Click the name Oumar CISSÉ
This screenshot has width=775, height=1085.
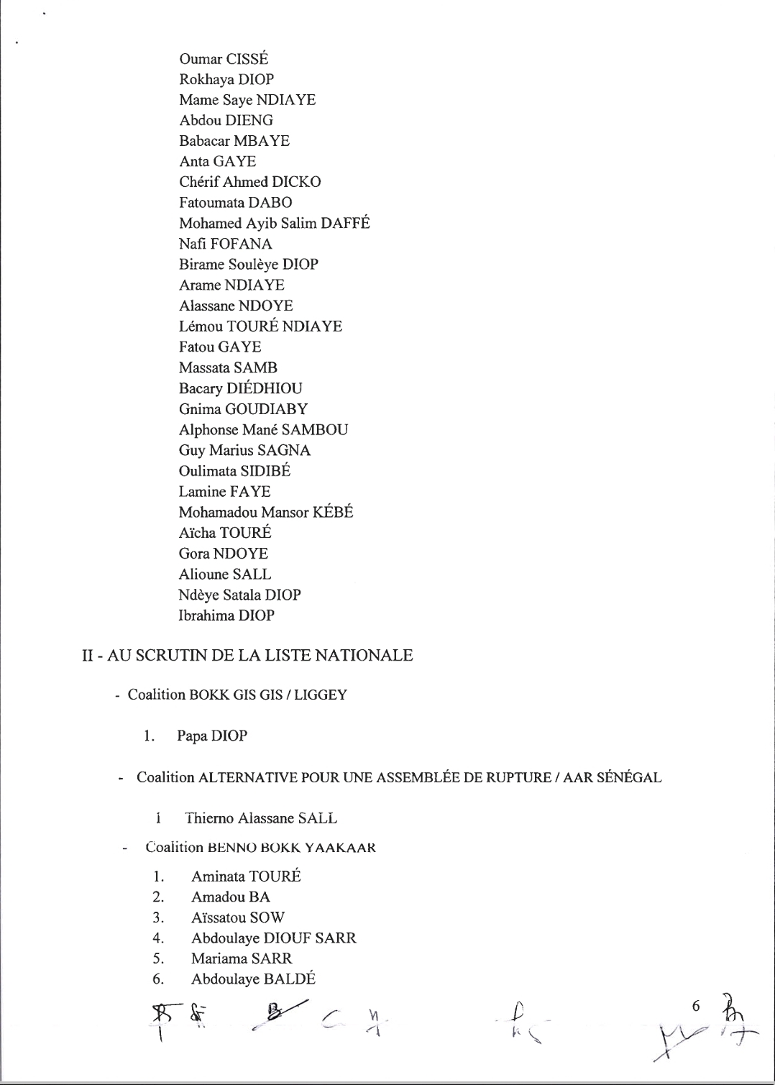[x=224, y=59]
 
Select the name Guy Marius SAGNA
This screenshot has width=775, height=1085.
[x=244, y=451]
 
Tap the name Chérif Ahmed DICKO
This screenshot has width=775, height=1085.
[x=249, y=182]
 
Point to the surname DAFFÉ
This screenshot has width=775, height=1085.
[x=345, y=224]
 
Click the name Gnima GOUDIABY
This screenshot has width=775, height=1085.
[x=243, y=410]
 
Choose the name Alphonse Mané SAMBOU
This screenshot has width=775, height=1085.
[x=263, y=430]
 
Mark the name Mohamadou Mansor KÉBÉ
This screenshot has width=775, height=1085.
[x=266, y=513]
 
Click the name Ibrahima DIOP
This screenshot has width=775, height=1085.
[x=226, y=616]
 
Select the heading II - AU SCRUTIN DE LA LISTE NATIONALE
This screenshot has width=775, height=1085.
[x=247, y=656]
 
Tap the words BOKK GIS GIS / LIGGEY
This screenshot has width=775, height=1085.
[x=267, y=695]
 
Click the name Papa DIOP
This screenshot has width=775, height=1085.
[x=212, y=736]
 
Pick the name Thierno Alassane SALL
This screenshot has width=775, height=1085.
[x=260, y=818]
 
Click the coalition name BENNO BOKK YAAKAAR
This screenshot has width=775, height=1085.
[x=291, y=848]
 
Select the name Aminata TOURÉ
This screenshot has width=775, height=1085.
[x=246, y=876]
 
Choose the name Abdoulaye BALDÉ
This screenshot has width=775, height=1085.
[x=253, y=979]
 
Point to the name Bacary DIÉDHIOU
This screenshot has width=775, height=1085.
[x=240, y=389]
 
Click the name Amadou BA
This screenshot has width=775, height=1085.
[x=230, y=897]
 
